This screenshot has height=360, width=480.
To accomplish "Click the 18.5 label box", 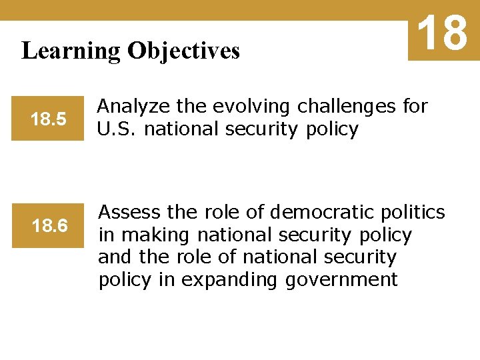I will [48, 120].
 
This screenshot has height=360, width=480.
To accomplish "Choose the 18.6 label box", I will [49, 227].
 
